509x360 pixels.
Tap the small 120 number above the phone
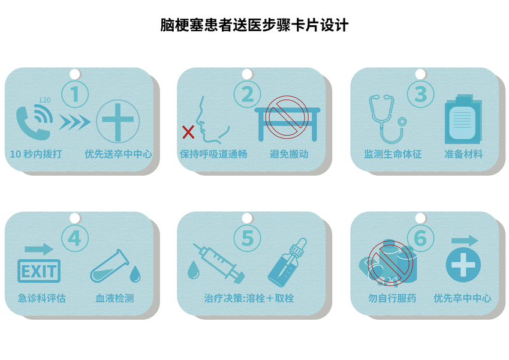point(45,100)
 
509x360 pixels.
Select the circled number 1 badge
point(75,94)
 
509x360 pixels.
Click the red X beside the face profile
point(188,132)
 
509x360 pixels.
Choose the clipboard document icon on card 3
point(463,119)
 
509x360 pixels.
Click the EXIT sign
point(39,271)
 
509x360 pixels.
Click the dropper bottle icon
point(287,263)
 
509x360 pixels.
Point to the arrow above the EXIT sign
point(39,249)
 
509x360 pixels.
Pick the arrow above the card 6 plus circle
point(465,241)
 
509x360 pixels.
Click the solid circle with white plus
point(463,265)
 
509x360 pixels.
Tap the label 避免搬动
point(289,154)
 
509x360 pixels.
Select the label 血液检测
point(115,298)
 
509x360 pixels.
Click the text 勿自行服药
point(392,298)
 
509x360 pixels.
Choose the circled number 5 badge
point(248,238)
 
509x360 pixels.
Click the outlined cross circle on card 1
point(118,121)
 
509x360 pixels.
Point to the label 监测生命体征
point(393,154)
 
